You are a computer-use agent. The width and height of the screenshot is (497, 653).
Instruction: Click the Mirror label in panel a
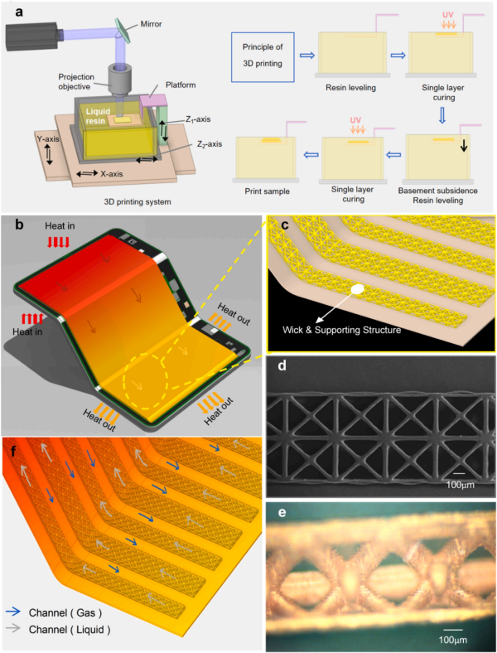click(x=151, y=24)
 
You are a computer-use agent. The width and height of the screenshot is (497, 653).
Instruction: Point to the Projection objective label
click(x=75, y=81)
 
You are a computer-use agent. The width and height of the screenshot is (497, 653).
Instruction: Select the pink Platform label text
click(x=181, y=85)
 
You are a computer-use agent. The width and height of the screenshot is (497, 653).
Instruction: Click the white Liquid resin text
click(x=98, y=116)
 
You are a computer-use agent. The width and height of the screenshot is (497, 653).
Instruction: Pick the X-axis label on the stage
click(x=112, y=174)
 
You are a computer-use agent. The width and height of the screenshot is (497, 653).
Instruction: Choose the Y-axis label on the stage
click(x=48, y=139)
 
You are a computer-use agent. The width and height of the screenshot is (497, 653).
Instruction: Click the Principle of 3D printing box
click(x=263, y=56)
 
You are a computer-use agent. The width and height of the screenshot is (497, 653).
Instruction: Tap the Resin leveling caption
click(x=350, y=88)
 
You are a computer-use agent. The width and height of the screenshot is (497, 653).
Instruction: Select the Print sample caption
click(x=267, y=191)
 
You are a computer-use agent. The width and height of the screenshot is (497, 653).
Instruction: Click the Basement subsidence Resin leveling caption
click(x=437, y=196)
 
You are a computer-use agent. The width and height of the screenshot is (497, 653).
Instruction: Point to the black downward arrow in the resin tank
click(x=464, y=144)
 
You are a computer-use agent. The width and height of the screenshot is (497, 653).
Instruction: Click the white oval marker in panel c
click(x=357, y=288)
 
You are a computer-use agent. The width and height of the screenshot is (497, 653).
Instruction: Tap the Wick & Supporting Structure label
click(x=342, y=331)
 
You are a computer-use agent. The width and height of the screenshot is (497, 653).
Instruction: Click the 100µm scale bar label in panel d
click(x=460, y=485)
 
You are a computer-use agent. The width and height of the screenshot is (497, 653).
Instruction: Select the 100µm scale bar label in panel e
click(x=452, y=640)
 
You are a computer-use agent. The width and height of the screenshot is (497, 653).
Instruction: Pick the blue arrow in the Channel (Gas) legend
click(x=12, y=612)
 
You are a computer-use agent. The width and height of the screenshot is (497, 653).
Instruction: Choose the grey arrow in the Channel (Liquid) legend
click(x=12, y=628)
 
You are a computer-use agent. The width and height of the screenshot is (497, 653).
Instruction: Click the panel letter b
click(x=19, y=225)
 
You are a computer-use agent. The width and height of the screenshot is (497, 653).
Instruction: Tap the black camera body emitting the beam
click(x=31, y=34)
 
